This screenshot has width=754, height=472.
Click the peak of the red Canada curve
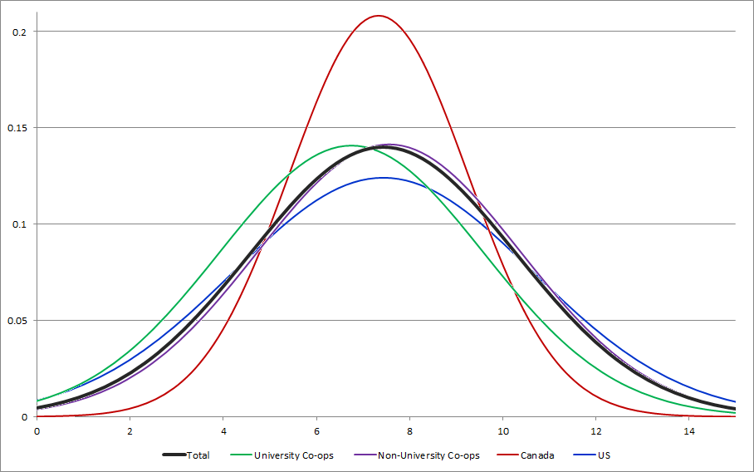[378, 16]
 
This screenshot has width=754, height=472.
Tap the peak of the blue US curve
[383, 177]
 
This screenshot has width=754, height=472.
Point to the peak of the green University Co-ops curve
[350, 145]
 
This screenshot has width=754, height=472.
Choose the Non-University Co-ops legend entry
[428, 455]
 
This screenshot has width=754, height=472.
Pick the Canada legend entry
[537, 455]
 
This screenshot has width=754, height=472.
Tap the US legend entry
[604, 455]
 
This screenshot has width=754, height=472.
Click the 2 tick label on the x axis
[130, 431]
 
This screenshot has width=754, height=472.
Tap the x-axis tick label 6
[316, 431]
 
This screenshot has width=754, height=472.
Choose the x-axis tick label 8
[409, 431]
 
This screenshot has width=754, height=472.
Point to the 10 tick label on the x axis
[502, 431]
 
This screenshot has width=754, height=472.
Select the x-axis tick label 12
[596, 431]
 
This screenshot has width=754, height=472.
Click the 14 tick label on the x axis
[689, 431]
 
